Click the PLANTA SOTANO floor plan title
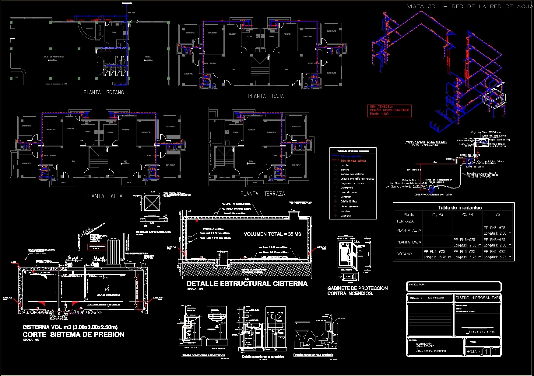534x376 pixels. pos(104,92)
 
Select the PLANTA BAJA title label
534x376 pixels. pos(265,96)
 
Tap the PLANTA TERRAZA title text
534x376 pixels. pos(262,194)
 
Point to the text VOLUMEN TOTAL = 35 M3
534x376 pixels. pos(272,234)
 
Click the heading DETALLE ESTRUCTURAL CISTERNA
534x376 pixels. pos(247,284)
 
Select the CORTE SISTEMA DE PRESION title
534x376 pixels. pos(73,335)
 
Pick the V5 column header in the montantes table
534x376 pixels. pos(497,215)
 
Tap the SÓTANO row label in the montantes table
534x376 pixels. pos(404,254)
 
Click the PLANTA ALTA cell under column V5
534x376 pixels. pos(497,230)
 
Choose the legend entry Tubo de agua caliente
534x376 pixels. pos(353,160)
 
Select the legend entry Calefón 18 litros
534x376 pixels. pos(349,202)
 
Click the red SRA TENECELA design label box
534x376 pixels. pos(389,111)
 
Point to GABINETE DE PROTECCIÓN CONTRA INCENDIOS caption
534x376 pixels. pos(357,291)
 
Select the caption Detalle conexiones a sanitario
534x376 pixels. pos(313,355)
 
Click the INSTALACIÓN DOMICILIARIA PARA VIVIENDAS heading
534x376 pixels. pos(426,144)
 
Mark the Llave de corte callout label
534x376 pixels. pos(475,167)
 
